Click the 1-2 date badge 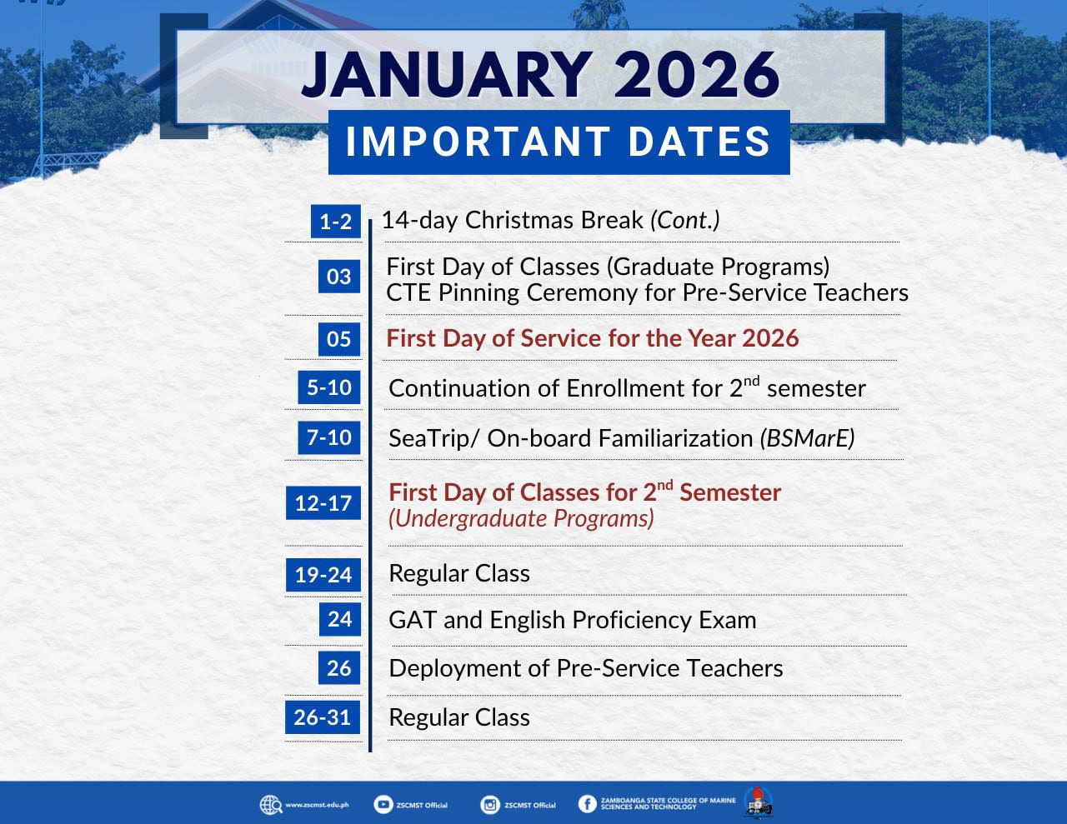[336, 222]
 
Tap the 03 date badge [339, 277]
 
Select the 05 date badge [339, 339]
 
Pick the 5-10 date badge [329, 387]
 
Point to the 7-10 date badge [329, 437]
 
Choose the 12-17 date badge [323, 503]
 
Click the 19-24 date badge [323, 575]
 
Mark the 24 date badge [340, 619]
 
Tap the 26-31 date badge [323, 717]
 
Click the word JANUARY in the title [448, 75]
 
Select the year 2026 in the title [697, 75]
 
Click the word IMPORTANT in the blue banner [478, 142]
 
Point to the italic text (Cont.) [685, 220]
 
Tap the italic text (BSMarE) [808, 438]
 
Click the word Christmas [554, 220]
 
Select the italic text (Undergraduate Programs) [522, 519]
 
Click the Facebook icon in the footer [587, 804]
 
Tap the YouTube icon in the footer [383, 804]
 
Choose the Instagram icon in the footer [489, 805]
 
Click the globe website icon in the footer [271, 805]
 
